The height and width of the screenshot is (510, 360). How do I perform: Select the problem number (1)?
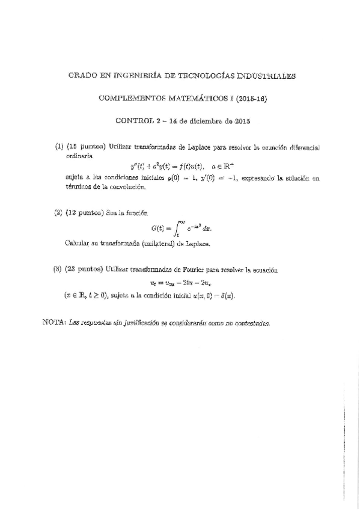pyautogui.click(x=59, y=147)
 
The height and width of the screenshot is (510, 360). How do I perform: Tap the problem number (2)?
pyautogui.click(x=58, y=212)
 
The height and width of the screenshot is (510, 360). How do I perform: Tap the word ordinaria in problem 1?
pyautogui.click(x=79, y=156)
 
